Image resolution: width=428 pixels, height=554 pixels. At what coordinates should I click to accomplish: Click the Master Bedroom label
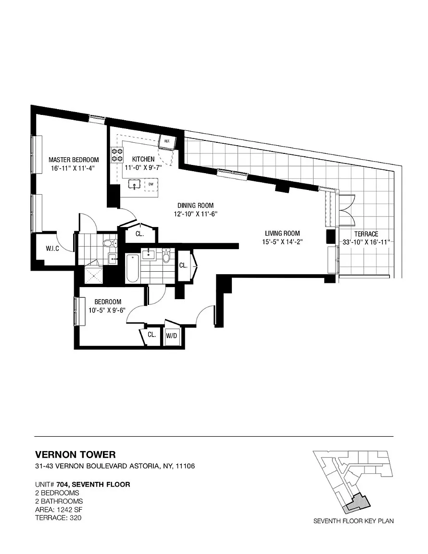(x=74, y=160)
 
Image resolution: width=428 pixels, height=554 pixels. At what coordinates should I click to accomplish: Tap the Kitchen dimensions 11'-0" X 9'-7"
(x=143, y=167)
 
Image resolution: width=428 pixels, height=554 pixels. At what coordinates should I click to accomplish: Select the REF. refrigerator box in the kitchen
(x=167, y=141)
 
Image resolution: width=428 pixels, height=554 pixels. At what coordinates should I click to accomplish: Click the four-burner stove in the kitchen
(x=117, y=155)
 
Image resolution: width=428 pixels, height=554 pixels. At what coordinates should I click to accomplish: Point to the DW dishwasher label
(x=151, y=184)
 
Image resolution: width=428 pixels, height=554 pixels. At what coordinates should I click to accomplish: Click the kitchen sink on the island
(x=135, y=185)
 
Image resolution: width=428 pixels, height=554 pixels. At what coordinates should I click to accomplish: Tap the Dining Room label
(x=195, y=205)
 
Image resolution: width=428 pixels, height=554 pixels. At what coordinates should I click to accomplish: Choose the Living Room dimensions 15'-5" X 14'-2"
(x=282, y=242)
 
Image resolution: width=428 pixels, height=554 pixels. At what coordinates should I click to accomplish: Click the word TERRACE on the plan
(x=366, y=234)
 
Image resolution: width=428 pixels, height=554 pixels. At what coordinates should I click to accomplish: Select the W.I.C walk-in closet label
(x=52, y=249)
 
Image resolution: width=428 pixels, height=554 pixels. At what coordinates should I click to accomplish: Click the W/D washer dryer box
(x=171, y=336)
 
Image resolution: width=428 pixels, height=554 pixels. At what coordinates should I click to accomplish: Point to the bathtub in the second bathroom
(x=132, y=268)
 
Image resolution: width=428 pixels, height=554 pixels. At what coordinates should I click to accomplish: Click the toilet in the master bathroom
(x=110, y=243)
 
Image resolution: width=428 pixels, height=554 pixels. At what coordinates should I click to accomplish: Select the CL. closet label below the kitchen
(x=139, y=234)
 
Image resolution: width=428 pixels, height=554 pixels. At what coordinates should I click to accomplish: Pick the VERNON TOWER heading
(x=76, y=454)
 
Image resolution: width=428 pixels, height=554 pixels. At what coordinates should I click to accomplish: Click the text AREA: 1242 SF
(x=59, y=509)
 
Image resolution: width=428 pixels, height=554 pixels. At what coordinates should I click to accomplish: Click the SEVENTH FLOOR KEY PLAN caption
(x=353, y=521)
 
